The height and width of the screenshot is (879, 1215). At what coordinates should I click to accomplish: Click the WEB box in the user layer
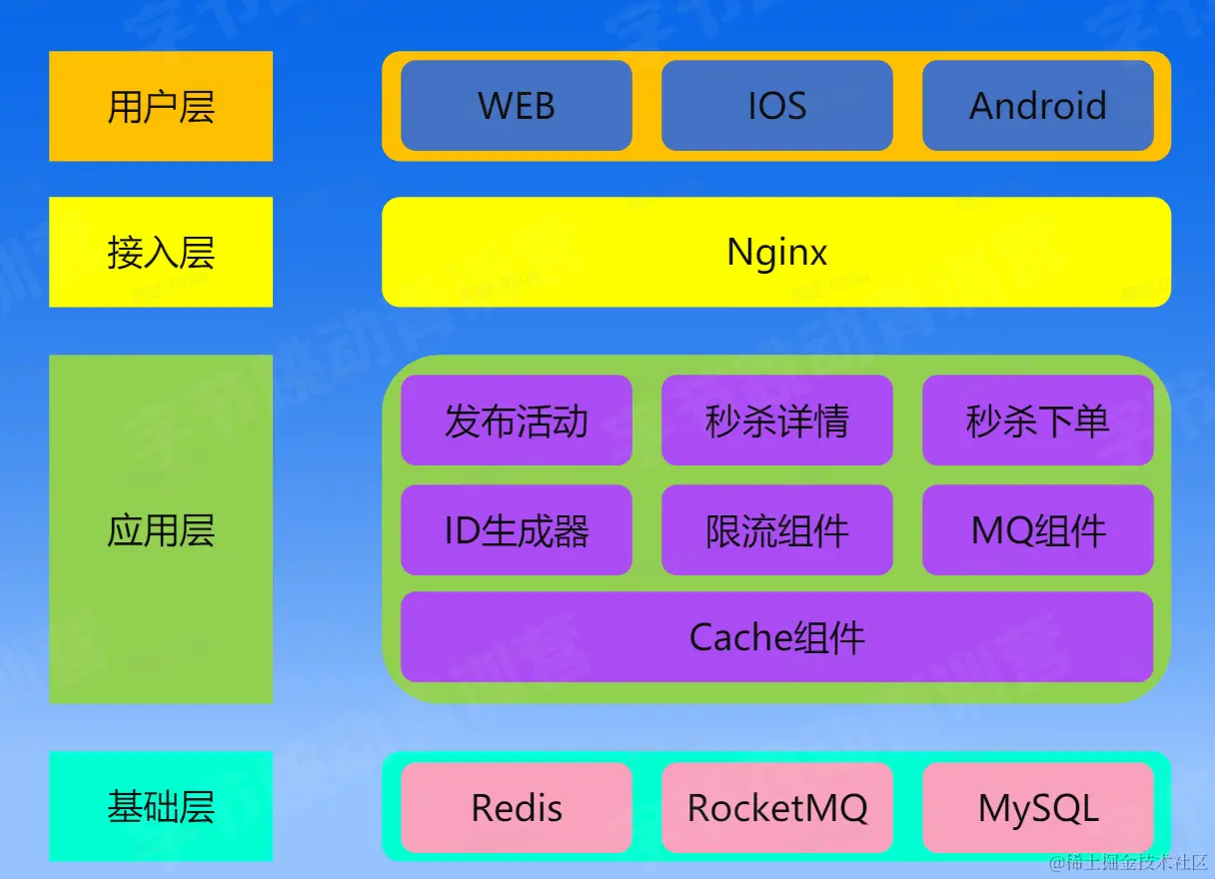click(x=517, y=105)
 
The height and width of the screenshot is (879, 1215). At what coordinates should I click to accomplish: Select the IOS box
click(x=777, y=105)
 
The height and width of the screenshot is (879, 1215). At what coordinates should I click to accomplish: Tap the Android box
click(x=1038, y=105)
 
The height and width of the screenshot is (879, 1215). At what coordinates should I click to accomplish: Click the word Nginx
click(x=776, y=253)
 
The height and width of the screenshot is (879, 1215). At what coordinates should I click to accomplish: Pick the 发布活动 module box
click(x=517, y=421)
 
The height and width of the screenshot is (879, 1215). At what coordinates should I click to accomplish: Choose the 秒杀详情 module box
click(x=777, y=421)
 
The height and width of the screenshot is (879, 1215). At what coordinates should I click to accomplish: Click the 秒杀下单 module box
click(x=1038, y=421)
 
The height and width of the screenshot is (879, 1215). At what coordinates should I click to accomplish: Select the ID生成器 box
click(x=517, y=529)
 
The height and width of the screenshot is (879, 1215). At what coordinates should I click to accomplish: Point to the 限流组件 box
click(x=777, y=529)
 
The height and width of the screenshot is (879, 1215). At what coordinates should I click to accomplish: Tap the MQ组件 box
click(x=1038, y=529)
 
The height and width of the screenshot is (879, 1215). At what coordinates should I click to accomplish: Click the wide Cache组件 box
click(x=777, y=637)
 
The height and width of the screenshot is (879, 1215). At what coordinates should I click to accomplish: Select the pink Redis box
click(x=517, y=808)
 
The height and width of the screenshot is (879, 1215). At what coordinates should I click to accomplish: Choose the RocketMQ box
click(x=777, y=808)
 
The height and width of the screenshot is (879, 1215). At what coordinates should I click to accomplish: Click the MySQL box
click(x=1038, y=808)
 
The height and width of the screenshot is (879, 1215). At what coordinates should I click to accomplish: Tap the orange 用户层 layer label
click(x=161, y=106)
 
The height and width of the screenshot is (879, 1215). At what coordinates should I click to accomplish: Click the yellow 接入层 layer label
click(x=161, y=252)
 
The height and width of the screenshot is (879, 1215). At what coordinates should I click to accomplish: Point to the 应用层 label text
click(x=161, y=529)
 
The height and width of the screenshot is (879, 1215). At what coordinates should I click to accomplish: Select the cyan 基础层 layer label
click(x=161, y=806)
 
